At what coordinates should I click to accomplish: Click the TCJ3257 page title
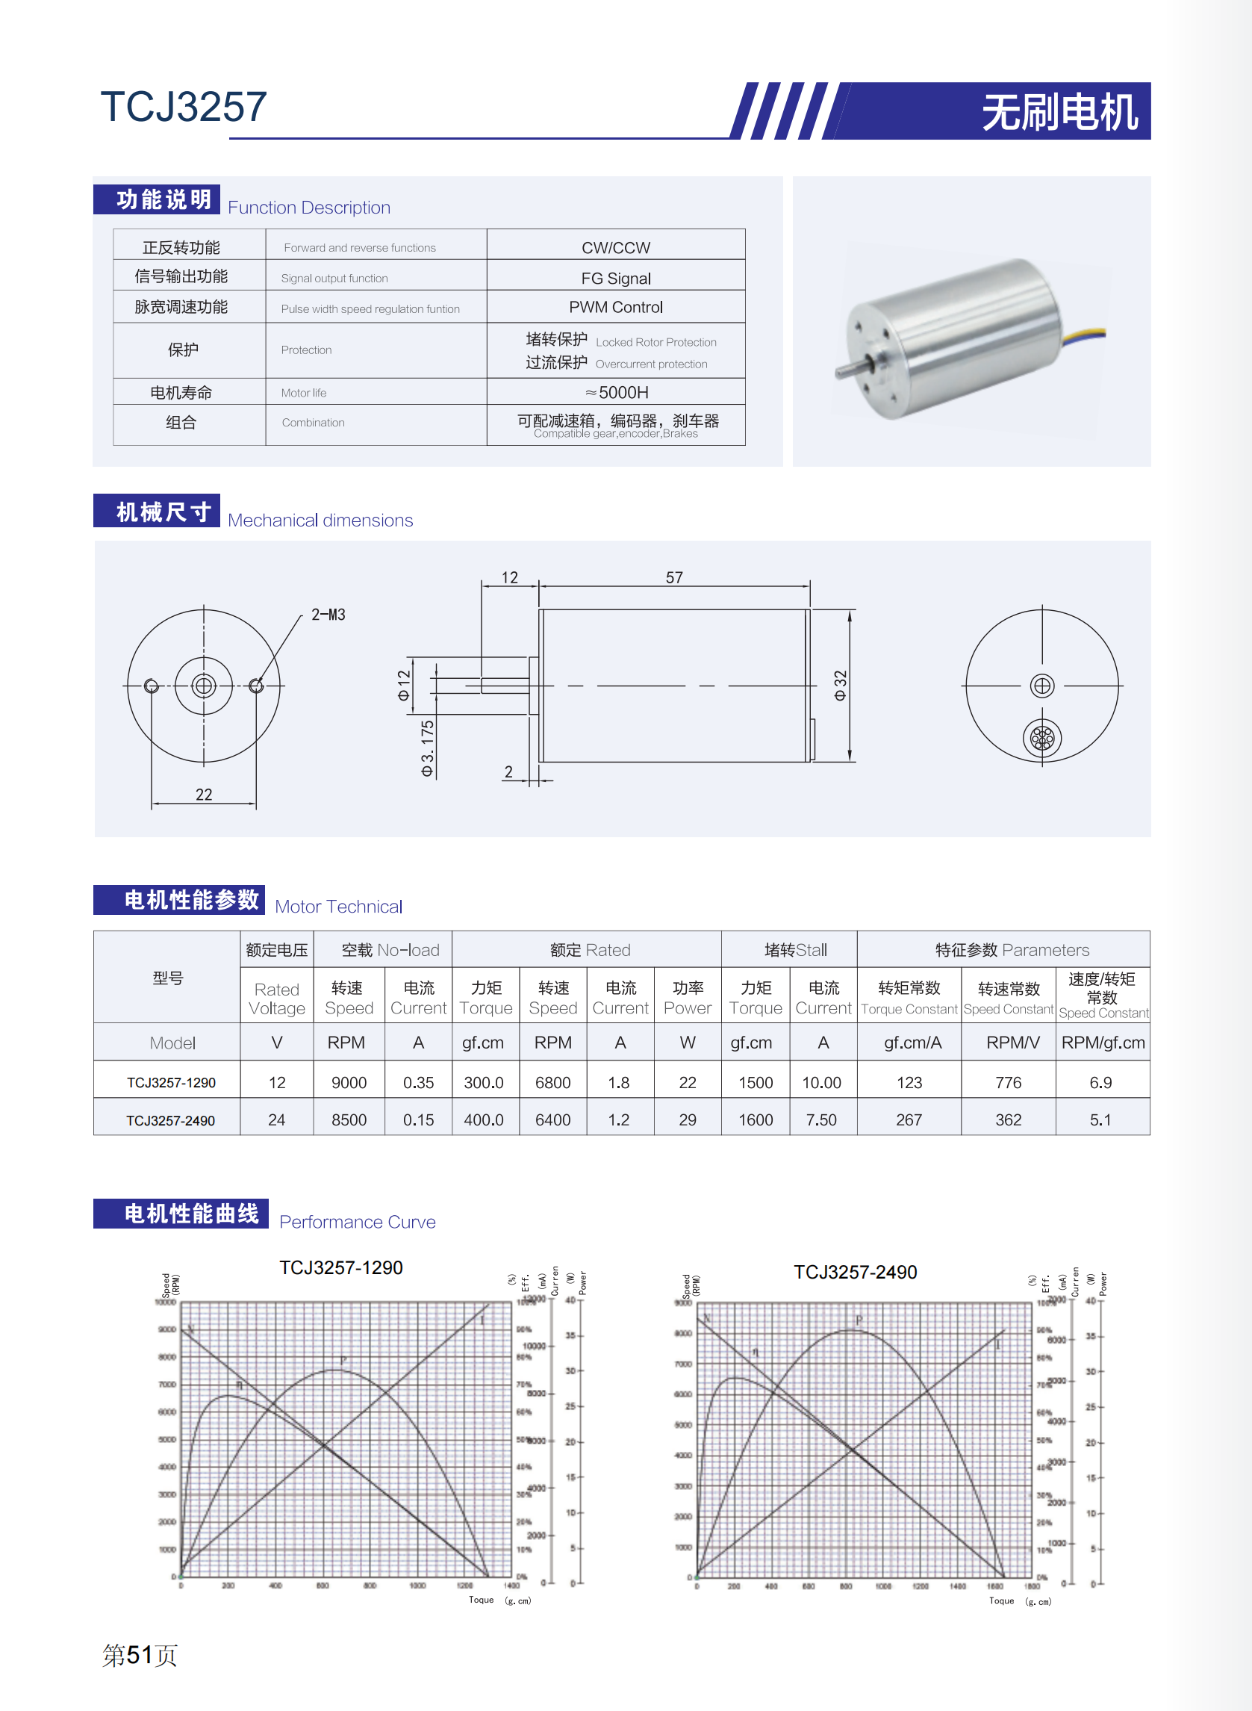[184, 107]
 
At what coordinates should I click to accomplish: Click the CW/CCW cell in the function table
[615, 248]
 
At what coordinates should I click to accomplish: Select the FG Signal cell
[615, 279]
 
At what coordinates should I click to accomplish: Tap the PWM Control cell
[615, 307]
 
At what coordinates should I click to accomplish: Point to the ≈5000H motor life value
[616, 392]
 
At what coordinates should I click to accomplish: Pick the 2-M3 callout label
[328, 615]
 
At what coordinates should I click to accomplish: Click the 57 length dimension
[673, 577]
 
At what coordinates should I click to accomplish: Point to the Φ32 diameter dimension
[840, 685]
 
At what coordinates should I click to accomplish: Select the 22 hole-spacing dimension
[204, 795]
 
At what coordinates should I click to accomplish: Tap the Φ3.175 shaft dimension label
[428, 748]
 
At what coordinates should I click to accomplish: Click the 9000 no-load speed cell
[349, 1083]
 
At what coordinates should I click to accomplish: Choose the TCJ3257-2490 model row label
[170, 1120]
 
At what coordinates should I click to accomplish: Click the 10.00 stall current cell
[821, 1083]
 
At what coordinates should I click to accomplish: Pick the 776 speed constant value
[1008, 1083]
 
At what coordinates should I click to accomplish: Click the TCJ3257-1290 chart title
[341, 1267]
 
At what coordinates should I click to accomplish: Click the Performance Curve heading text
[357, 1222]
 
